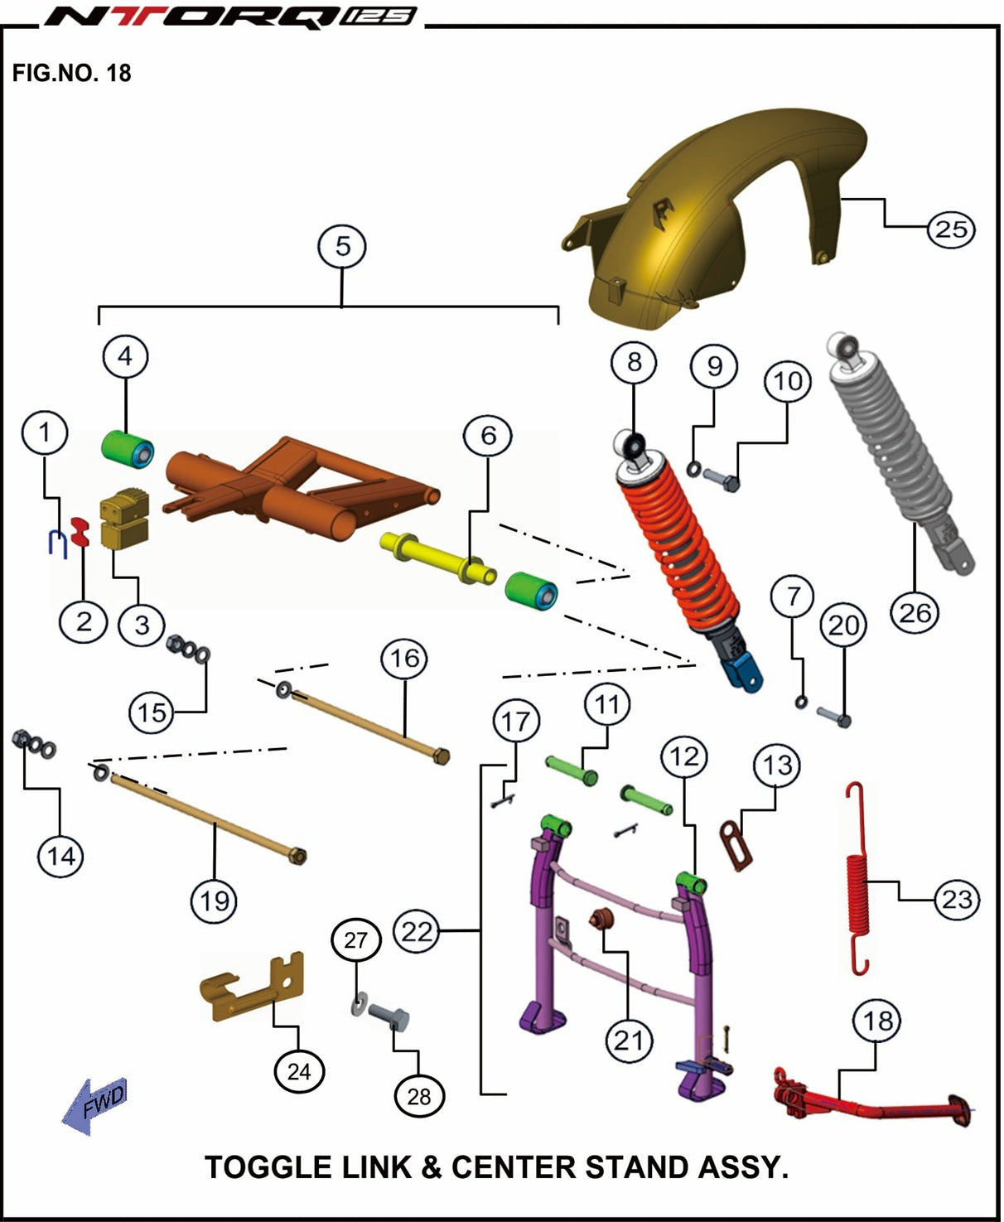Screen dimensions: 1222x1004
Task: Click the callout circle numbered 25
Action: click(950, 229)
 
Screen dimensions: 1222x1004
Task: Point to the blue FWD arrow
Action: click(95, 1104)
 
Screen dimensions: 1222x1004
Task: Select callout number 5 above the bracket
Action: click(342, 246)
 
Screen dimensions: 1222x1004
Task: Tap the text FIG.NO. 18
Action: click(71, 73)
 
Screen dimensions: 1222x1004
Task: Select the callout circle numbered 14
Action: click(61, 855)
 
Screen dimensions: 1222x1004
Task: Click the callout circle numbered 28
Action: click(419, 1095)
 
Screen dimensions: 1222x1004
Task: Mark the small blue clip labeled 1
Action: click(56, 543)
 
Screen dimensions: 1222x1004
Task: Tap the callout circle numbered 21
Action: click(628, 1040)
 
